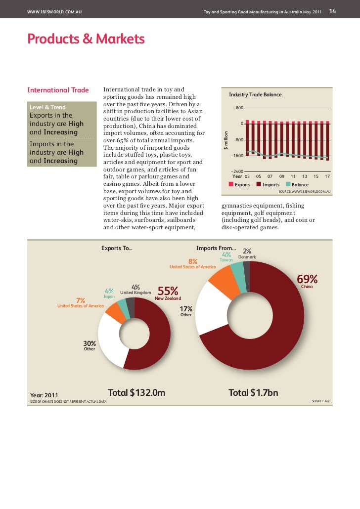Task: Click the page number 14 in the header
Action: (333, 11)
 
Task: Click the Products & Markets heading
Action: (86, 39)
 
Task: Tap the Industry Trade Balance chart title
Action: (255, 94)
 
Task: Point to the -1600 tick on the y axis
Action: (237, 156)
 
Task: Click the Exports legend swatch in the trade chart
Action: (231, 184)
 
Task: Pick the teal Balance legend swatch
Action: (288, 184)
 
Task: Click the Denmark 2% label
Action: (247, 254)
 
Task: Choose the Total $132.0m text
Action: (136, 393)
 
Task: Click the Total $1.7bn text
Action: (253, 393)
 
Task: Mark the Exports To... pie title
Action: (117, 248)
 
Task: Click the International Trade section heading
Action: (58, 90)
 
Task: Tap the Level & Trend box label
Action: (48, 107)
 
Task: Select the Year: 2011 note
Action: (45, 395)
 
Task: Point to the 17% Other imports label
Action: (186, 311)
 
